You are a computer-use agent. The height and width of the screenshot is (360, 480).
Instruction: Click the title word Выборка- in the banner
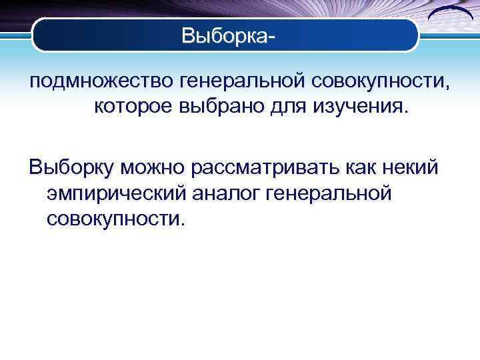tap(227, 36)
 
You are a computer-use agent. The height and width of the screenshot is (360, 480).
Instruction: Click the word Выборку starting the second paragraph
tap(71, 168)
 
